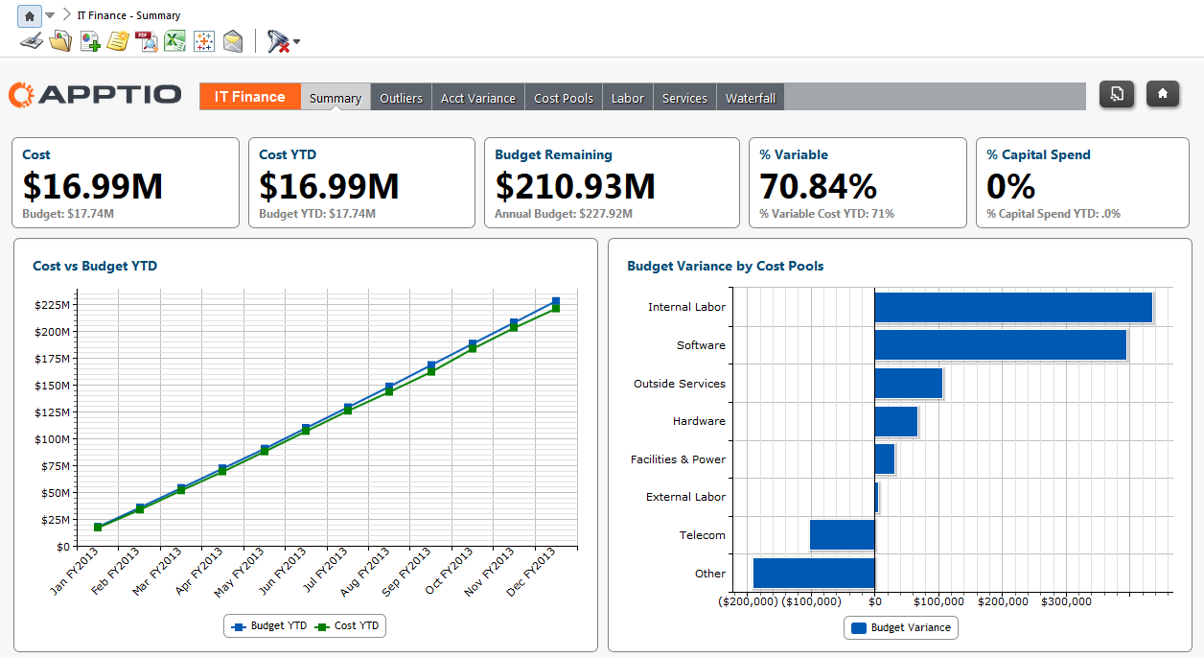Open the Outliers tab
(401, 98)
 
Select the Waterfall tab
(750, 98)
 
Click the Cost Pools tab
(564, 98)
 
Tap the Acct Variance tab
(477, 98)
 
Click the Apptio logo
(95, 95)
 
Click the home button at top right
(1162, 94)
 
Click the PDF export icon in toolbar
(146, 40)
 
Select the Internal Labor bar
(1012, 307)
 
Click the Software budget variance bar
(1000, 345)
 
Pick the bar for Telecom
(842, 535)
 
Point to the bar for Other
(814, 574)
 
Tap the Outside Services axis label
(679, 384)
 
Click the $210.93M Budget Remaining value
(575, 186)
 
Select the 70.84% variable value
(818, 186)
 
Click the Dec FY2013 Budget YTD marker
(555, 301)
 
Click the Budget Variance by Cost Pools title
(725, 266)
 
